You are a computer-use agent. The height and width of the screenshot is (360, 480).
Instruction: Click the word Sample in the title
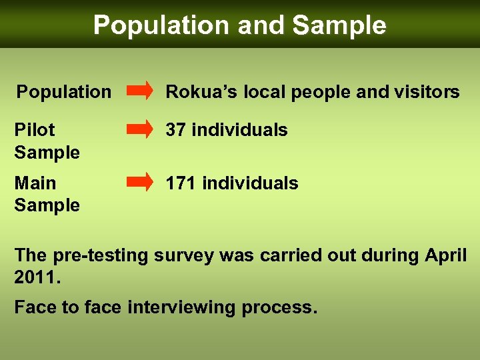[339, 25]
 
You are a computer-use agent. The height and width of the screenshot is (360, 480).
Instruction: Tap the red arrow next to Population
[139, 91]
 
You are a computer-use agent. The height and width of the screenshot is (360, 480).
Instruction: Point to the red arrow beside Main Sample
[139, 181]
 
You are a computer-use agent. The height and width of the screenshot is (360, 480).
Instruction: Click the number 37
[176, 129]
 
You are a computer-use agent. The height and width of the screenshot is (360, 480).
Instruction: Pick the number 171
[181, 183]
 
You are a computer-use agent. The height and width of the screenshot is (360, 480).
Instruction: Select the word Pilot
[35, 129]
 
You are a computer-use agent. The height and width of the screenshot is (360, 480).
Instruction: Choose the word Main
[35, 183]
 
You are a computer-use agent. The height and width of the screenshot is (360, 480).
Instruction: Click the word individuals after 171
[250, 183]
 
